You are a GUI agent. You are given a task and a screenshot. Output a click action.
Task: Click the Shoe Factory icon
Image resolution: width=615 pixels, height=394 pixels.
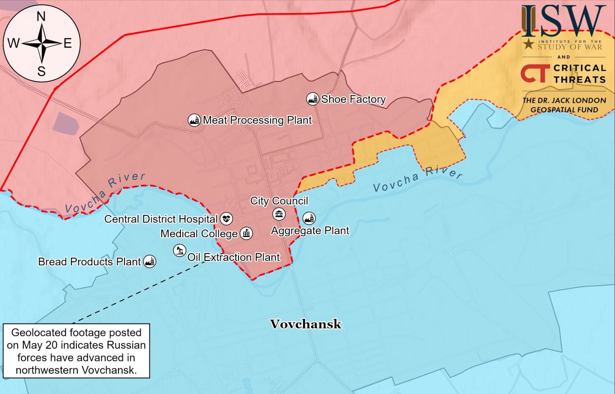tap(312, 99)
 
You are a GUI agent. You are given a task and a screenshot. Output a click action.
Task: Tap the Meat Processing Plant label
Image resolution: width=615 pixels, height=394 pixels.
tap(257, 120)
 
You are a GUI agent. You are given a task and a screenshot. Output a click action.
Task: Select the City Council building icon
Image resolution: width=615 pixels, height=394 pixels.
tap(279, 214)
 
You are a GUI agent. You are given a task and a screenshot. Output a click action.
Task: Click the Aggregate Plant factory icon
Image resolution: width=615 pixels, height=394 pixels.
tap(309, 218)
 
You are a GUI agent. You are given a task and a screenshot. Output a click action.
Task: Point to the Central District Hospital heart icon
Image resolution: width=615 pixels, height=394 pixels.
tap(226, 219)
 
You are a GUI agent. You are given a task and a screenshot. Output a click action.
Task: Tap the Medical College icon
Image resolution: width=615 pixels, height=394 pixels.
tap(246, 233)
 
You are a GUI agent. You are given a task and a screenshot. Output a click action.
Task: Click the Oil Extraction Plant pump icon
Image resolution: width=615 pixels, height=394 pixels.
tap(179, 251)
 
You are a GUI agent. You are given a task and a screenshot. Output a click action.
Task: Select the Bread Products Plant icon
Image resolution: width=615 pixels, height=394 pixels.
tap(150, 262)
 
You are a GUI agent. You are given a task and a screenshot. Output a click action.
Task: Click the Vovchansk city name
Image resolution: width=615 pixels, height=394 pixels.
tap(305, 324)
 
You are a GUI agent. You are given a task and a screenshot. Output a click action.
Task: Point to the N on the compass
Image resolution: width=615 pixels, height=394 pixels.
tap(41, 16)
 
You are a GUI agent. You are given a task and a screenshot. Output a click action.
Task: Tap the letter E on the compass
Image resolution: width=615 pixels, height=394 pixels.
tap(67, 43)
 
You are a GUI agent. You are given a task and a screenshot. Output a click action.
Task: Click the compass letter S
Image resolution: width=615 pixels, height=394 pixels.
tap(41, 71)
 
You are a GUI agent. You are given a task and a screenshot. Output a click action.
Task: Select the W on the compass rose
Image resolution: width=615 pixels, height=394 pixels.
tap(13, 43)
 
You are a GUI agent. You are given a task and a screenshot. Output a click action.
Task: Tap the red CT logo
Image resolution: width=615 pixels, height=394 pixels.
tap(535, 74)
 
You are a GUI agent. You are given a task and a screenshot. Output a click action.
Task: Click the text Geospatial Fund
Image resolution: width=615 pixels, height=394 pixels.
tap(564, 109)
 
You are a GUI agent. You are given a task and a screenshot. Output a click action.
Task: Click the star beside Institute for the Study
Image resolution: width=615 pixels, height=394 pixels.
tap(529, 44)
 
